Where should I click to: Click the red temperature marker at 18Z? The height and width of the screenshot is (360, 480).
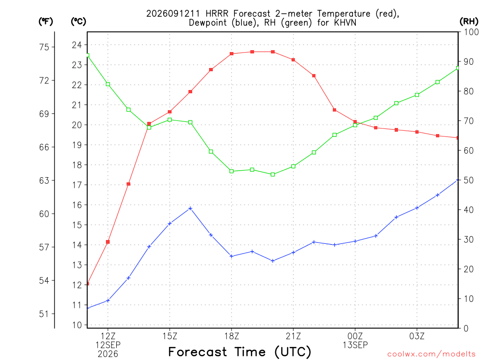[x=232, y=53]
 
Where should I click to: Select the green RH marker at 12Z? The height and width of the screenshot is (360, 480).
[x=108, y=84]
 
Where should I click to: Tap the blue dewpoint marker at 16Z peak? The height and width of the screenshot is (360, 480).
[x=190, y=209]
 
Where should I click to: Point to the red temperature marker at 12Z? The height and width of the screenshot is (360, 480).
[x=108, y=242]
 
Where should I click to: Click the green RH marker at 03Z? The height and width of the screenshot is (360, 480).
[x=417, y=95]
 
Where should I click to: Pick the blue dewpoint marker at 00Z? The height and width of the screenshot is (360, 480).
[x=355, y=241]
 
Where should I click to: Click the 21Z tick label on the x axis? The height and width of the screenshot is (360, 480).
[x=293, y=336]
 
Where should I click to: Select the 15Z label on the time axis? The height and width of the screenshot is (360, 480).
[x=170, y=336]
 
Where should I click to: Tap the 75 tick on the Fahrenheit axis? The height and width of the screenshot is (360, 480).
[x=44, y=47]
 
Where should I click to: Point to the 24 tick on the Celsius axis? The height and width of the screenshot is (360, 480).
[x=77, y=45]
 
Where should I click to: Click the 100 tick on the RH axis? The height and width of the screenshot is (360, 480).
[x=471, y=32]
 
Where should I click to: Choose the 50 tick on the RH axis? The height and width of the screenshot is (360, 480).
[x=468, y=180]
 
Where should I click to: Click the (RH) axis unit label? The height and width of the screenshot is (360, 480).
[x=469, y=22]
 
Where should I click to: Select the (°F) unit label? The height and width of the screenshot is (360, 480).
[x=45, y=22]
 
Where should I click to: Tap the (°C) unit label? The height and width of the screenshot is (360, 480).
[x=78, y=22]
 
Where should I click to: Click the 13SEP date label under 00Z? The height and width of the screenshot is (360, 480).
[x=355, y=345]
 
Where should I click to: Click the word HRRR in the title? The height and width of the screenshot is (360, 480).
[x=217, y=14]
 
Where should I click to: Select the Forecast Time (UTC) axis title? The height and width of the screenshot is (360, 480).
[x=240, y=352]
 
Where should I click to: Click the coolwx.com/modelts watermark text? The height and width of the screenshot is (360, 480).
[x=431, y=354]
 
